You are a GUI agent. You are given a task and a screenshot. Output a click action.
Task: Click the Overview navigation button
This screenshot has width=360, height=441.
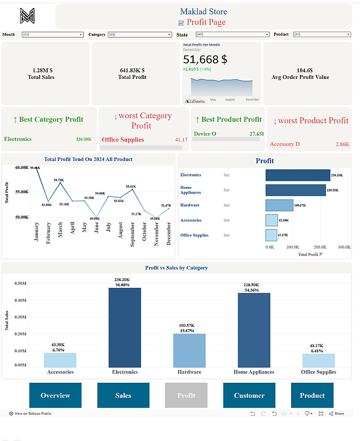click(56, 395)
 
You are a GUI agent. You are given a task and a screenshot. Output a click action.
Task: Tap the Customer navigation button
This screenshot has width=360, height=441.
click(249, 395)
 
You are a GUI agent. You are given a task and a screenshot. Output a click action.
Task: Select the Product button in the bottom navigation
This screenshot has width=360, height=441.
click(312, 395)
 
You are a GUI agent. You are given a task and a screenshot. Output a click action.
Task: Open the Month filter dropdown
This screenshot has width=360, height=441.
click(52, 34)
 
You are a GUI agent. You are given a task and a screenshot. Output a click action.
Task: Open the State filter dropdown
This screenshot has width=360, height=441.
click(232, 34)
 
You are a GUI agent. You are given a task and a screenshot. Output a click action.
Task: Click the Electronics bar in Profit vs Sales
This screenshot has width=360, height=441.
click(125, 327)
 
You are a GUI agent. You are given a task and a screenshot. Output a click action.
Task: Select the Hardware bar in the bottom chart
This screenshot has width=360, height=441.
click(189, 350)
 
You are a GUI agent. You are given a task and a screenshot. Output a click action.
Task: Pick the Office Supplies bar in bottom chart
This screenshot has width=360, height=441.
click(319, 360)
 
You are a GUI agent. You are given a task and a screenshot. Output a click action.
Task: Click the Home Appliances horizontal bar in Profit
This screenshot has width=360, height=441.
click(296, 190)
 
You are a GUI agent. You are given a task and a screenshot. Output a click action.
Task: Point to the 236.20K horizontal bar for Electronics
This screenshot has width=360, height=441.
click(298, 175)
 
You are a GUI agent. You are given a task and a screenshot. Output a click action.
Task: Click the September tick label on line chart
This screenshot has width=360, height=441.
click(132, 234)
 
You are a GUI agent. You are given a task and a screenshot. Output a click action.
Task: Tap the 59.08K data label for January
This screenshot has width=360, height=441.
click(35, 168)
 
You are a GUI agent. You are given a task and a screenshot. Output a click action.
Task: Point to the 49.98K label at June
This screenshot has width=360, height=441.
click(95, 218)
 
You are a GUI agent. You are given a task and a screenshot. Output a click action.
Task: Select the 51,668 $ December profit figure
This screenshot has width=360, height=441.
click(205, 60)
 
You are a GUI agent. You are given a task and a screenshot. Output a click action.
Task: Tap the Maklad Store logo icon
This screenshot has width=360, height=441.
click(27, 16)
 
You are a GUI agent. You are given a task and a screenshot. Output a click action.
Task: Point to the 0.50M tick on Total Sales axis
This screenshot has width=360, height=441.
click(20, 283)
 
